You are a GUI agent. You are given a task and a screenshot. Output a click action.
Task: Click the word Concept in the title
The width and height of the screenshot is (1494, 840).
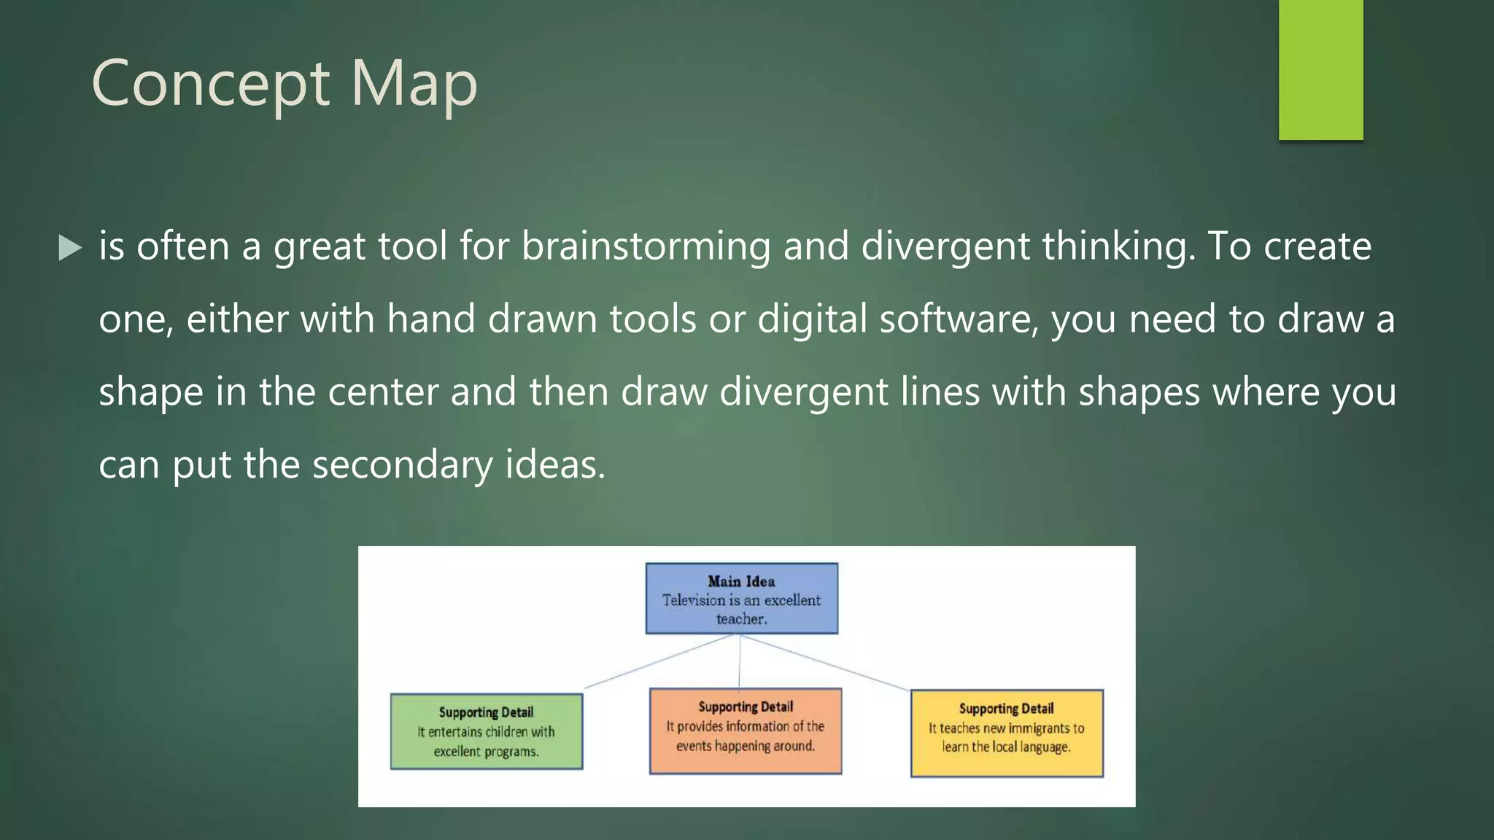click(x=210, y=84)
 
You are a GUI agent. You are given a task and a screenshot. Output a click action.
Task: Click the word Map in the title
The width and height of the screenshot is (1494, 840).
click(x=414, y=84)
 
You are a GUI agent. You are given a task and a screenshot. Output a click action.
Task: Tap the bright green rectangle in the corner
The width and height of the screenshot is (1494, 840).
click(x=1320, y=69)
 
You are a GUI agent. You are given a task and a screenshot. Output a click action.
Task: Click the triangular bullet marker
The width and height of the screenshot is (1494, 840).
click(x=70, y=248)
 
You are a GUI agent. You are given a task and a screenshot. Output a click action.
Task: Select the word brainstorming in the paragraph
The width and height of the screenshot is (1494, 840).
click(x=646, y=246)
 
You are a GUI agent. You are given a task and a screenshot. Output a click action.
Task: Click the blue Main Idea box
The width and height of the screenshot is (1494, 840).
click(x=741, y=599)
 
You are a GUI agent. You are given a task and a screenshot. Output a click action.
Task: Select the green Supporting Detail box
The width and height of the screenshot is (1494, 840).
click(x=486, y=731)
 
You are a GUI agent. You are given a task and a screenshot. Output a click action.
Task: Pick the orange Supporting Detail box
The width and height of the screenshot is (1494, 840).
click(x=745, y=731)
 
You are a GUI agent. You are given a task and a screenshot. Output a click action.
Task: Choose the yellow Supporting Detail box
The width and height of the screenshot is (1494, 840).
click(x=1006, y=733)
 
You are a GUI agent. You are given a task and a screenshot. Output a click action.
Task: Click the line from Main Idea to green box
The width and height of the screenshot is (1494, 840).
click(x=657, y=661)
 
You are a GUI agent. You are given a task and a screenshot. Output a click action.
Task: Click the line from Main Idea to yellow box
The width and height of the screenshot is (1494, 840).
click(x=824, y=662)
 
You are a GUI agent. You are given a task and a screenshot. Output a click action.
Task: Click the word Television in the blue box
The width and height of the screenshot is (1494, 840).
click(x=694, y=600)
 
